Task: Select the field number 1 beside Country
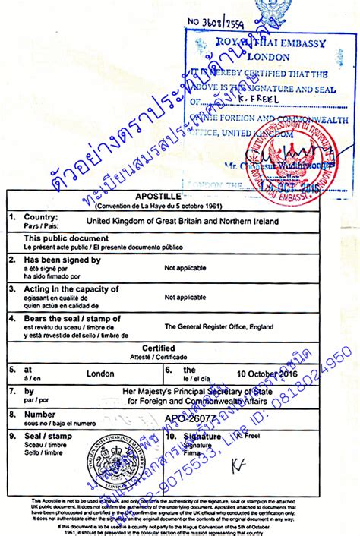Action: coord(11,216)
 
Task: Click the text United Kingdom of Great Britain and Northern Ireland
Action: coord(183,221)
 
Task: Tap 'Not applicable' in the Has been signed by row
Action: coord(186,268)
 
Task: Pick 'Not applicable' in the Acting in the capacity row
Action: coord(186,298)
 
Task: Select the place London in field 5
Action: coord(100,374)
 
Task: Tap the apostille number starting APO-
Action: coord(190,416)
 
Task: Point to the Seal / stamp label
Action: coord(46,437)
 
